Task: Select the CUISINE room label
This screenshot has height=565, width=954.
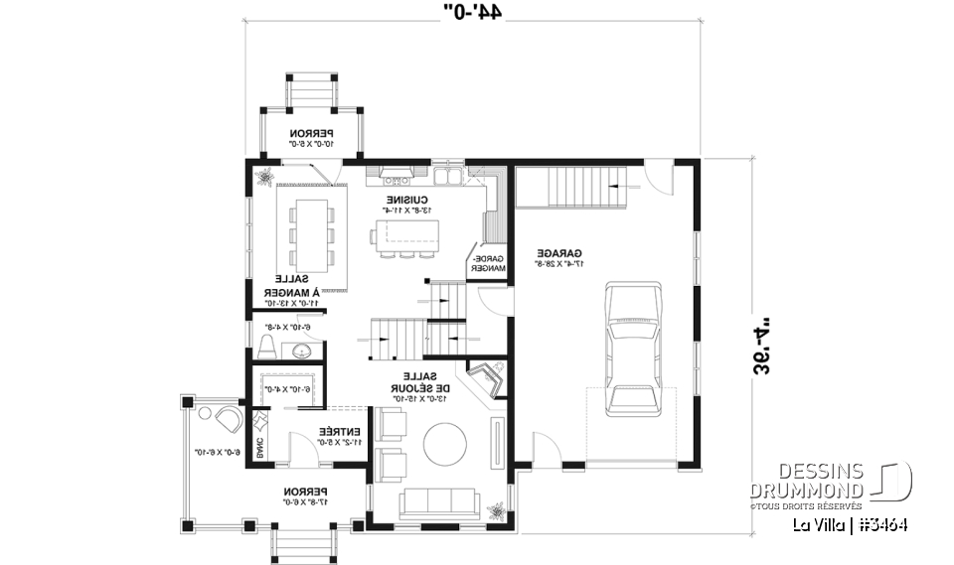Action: coord(407,202)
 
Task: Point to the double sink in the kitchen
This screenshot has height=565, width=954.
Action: coord(447,178)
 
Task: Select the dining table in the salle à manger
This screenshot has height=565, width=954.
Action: coord(312,233)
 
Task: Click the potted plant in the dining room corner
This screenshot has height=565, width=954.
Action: coord(265,178)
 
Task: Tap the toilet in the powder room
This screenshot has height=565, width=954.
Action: coord(266,347)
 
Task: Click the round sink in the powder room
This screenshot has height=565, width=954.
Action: coord(302,350)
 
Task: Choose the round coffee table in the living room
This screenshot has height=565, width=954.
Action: coord(440,442)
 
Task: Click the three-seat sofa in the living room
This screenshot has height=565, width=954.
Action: coord(439,502)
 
